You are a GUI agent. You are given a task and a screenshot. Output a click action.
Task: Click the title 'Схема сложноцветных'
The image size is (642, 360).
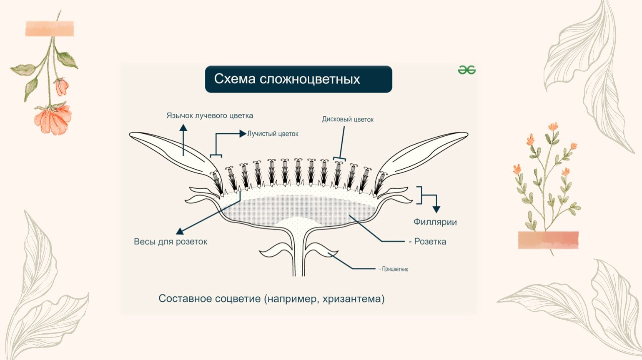[287, 79]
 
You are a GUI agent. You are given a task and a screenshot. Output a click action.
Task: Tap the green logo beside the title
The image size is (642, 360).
[466, 70]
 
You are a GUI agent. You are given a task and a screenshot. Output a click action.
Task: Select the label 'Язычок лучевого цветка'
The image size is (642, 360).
[210, 115]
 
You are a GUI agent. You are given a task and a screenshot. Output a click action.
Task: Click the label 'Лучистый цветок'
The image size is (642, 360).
[273, 134]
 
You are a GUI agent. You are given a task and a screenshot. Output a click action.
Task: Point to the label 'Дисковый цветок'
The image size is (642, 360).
[348, 119]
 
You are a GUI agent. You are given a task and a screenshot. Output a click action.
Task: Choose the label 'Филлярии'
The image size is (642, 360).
[435, 222]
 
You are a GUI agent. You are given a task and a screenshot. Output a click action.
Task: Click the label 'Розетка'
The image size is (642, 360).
[430, 242]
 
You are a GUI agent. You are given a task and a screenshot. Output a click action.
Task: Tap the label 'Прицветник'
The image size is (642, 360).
[395, 269]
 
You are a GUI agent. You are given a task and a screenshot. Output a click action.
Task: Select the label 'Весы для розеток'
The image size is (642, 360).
[171, 242]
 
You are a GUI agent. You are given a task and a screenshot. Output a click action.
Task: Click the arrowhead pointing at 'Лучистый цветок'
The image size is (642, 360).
[243, 134]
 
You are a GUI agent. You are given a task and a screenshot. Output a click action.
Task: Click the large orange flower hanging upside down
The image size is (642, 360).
[53, 119]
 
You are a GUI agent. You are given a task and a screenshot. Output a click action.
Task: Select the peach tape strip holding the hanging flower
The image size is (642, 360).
[50, 29]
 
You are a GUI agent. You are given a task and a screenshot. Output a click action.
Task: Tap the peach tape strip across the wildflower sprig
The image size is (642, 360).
[548, 240]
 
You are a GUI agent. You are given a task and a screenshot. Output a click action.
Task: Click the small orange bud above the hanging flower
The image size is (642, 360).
[62, 86]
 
